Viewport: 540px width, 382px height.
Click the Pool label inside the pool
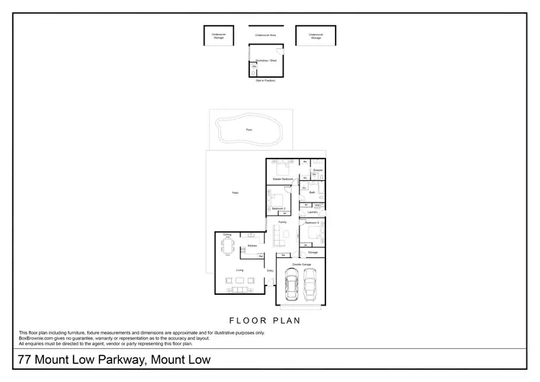[x=249, y=130]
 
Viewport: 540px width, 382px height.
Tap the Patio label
[x=235, y=192]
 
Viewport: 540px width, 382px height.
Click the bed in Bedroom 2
[x=277, y=197]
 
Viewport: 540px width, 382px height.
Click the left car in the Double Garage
[x=293, y=286]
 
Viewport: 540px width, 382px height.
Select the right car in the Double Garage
[x=311, y=286]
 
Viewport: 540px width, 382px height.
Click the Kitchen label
[x=252, y=246]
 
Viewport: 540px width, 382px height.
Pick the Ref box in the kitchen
[x=260, y=256]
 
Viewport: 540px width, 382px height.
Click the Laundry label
[x=312, y=212]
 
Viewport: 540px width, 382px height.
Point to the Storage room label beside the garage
[x=312, y=253]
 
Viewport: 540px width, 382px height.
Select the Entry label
[x=270, y=270]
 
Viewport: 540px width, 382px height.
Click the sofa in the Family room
[x=278, y=237]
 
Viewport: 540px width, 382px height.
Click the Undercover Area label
[x=266, y=35]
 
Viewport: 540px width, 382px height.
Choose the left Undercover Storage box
[x=218, y=36]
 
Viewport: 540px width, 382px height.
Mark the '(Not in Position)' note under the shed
[x=266, y=81]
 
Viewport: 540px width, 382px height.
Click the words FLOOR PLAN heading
[x=264, y=320]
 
